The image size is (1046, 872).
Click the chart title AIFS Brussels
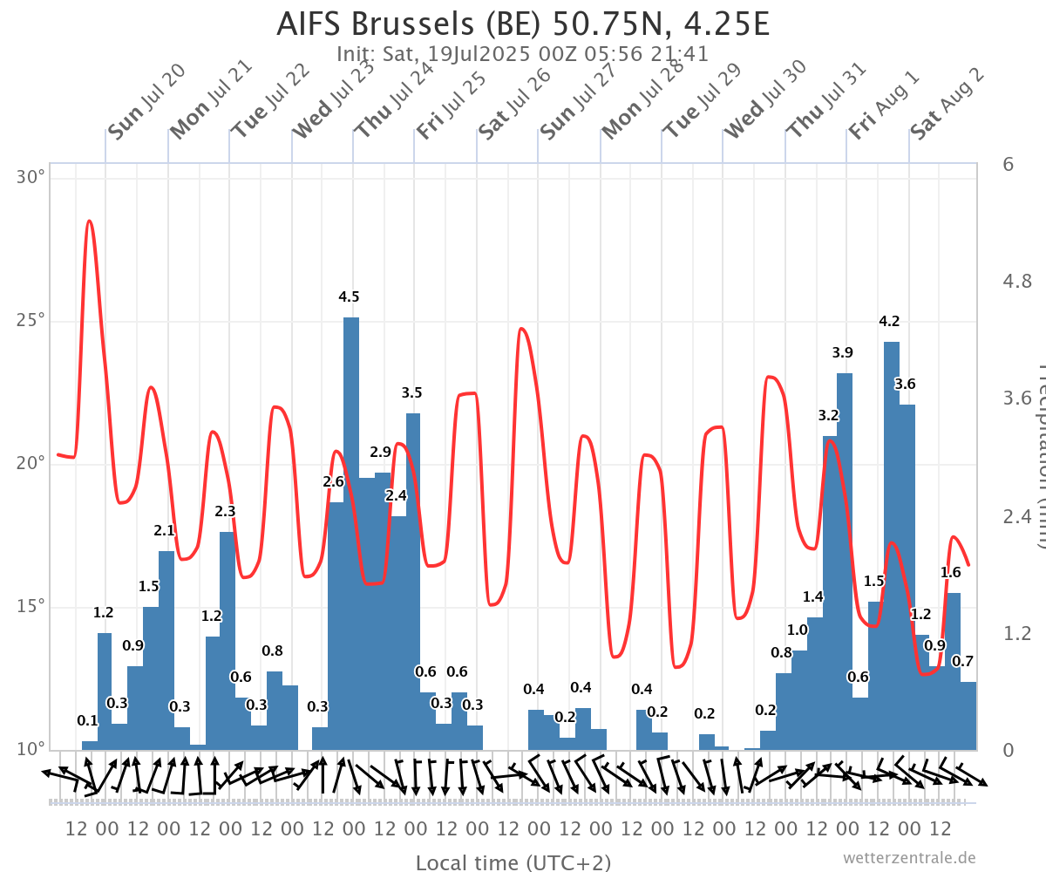523,24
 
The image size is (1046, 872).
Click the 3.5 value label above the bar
411,392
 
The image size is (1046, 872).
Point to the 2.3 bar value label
225,511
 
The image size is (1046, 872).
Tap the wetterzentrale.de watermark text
908,857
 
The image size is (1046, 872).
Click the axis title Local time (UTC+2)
513,862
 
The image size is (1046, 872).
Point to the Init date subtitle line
523,53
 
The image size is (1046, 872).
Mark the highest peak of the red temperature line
89,221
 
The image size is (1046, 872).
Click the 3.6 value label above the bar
905,384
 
